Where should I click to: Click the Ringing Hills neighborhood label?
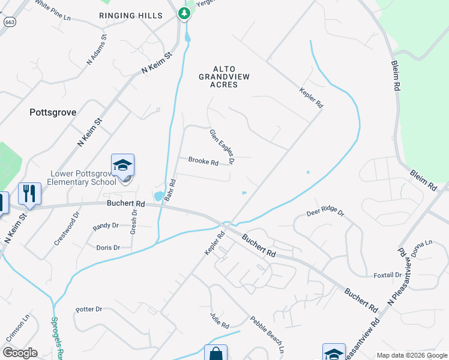[131, 15]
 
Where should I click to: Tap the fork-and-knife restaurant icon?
[29, 193]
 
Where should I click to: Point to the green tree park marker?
[184, 13]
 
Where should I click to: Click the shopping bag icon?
[215, 354]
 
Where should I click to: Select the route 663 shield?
[9, 22]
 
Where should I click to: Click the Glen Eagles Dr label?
[221, 146]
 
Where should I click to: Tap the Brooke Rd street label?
[203, 161]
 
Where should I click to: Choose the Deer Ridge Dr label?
[325, 212]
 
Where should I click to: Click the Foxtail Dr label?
[387, 275]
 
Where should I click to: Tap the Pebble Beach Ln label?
[267, 334]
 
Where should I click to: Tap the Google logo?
[20, 353]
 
